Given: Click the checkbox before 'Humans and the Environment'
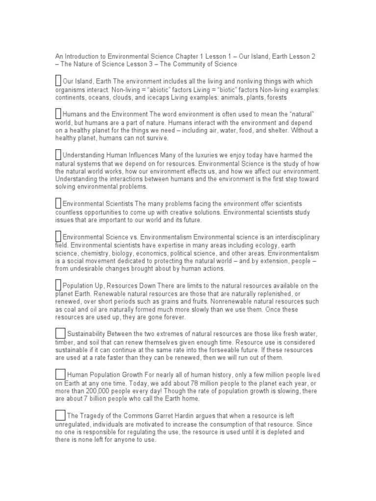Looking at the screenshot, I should point(58,114).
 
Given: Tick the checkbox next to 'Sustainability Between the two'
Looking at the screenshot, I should point(60,333).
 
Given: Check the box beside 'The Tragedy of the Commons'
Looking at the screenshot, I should point(60,415).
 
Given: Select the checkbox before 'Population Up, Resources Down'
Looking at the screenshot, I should point(58,285).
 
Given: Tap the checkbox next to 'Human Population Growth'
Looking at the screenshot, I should point(60,374).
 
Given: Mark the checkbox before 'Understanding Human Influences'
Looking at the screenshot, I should point(58,155).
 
